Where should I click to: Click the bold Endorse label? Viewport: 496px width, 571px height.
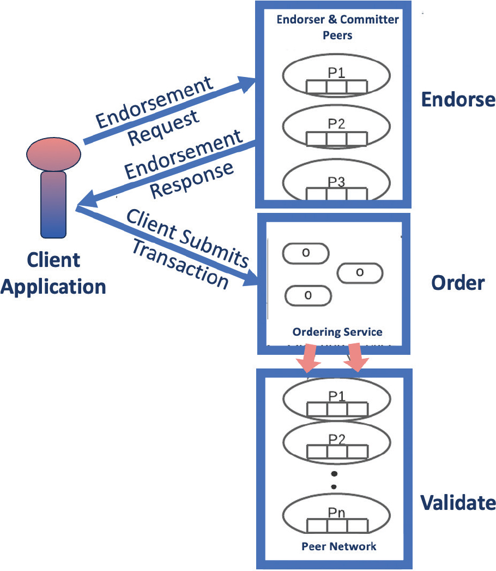(458, 99)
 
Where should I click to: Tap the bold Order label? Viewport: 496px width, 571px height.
(458, 283)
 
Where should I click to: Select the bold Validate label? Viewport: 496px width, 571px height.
(458, 503)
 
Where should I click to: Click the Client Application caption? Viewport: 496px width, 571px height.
(53, 273)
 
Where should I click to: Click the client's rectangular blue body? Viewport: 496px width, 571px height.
(53, 205)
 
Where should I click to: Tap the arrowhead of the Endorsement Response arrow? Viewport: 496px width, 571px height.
(87, 200)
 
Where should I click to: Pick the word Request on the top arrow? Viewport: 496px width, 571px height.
(163, 127)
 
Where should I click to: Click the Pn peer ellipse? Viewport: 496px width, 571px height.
(336, 519)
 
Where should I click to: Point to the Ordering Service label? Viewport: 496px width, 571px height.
(337, 332)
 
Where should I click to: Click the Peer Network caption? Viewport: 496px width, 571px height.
(339, 546)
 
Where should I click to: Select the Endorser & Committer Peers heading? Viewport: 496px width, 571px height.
(337, 27)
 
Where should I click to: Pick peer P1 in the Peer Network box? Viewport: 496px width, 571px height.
(336, 401)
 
